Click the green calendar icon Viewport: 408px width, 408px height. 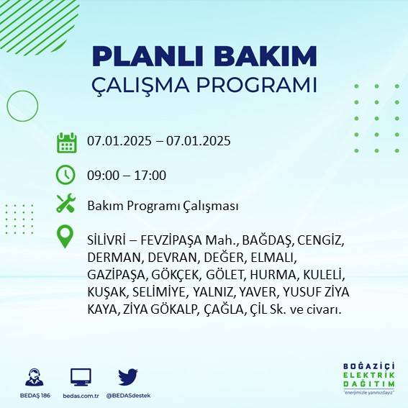(x=66, y=142)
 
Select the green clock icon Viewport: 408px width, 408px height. (x=65, y=175)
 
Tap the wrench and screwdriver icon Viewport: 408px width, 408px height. (x=65, y=204)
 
